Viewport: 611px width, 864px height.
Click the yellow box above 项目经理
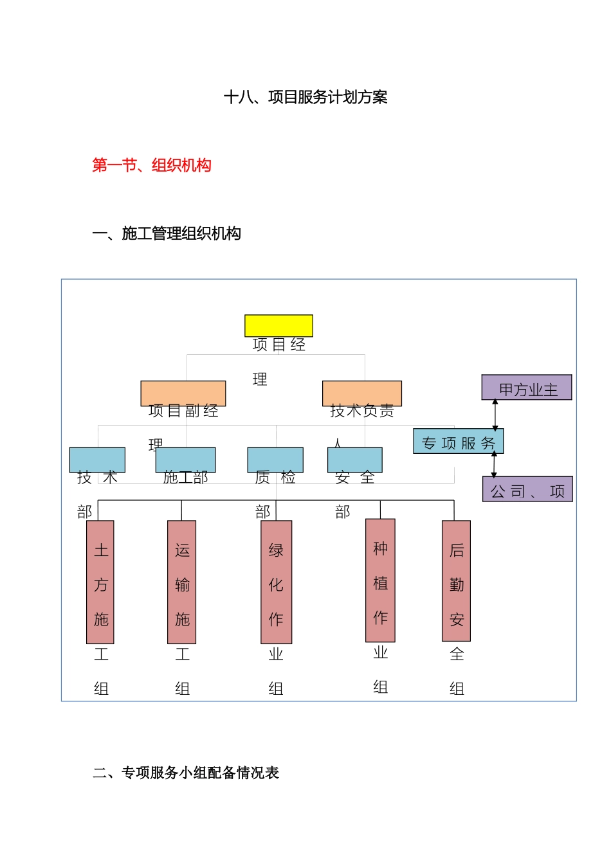(278, 326)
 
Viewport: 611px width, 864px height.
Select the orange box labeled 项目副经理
(183, 393)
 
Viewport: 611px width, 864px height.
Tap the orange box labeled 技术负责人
(362, 393)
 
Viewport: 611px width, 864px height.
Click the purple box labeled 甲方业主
(527, 388)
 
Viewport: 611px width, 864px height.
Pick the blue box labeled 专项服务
(458, 442)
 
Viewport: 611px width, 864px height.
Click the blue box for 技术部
(97, 460)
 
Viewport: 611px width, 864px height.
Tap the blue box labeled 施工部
(185, 460)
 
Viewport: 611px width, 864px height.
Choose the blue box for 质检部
(275, 460)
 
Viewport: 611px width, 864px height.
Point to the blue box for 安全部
(355, 460)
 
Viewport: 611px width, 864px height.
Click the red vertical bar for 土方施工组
(100, 582)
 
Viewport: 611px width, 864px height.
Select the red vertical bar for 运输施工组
(182, 582)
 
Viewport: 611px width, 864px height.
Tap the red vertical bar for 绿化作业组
(276, 582)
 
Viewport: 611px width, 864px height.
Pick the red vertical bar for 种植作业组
(380, 580)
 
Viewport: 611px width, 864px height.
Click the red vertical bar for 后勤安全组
(457, 581)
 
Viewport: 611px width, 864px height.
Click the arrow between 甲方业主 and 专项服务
(495, 415)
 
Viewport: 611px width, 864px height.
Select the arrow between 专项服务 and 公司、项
(494, 465)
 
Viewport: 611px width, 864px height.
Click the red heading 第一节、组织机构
(152, 166)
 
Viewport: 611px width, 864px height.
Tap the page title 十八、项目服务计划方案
(305, 98)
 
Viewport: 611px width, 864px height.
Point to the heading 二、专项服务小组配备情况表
(186, 773)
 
